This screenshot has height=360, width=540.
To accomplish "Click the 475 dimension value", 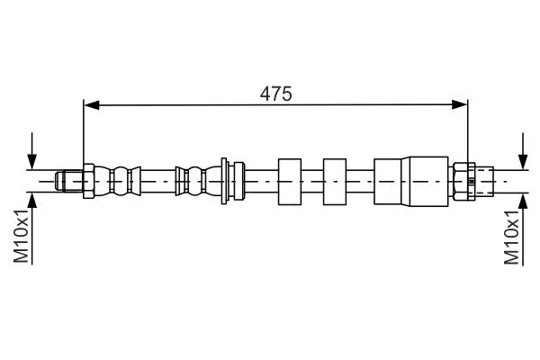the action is pyautogui.click(x=276, y=94).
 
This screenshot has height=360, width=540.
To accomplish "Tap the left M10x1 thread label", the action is pyautogui.click(x=21, y=236).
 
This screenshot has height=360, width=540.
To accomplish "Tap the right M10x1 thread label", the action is pyautogui.click(x=511, y=238).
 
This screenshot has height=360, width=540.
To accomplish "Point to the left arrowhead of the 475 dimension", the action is pyautogui.click(x=92, y=104).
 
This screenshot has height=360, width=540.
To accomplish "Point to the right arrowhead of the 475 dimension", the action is pyautogui.click(x=459, y=104).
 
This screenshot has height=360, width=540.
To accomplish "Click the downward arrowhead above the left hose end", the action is pyautogui.click(x=32, y=162).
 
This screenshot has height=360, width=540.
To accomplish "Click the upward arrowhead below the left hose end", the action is pyautogui.click(x=32, y=201).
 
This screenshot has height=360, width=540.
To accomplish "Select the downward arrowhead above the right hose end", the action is pyautogui.click(x=523, y=162).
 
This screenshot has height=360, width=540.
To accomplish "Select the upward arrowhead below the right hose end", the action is pyautogui.click(x=523, y=201).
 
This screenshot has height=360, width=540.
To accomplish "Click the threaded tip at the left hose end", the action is pyautogui.click(x=69, y=181).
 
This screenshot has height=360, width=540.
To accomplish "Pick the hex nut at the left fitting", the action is pyautogui.click(x=88, y=181).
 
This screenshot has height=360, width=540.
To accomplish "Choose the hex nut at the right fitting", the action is pyautogui.click(x=463, y=181).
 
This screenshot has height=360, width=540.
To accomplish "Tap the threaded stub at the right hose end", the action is pyautogui.click(x=484, y=181).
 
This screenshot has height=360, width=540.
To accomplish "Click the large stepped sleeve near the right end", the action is pyautogui.click(x=411, y=182).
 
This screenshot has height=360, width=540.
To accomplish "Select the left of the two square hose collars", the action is pyautogui.click(x=290, y=182).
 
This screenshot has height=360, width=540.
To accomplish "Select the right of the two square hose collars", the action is pyautogui.click(x=335, y=182).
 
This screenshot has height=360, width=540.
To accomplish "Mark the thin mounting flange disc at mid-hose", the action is pyautogui.click(x=224, y=181).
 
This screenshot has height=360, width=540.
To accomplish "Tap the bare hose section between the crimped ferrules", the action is pyautogui.click(x=158, y=181).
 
